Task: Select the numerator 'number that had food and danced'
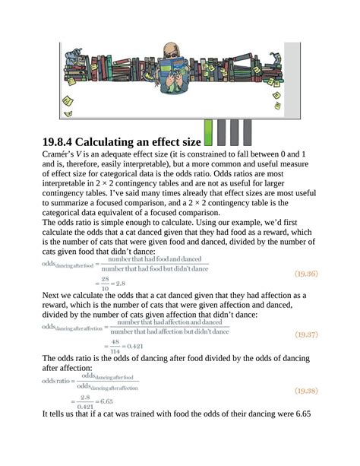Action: coord(154,259)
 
